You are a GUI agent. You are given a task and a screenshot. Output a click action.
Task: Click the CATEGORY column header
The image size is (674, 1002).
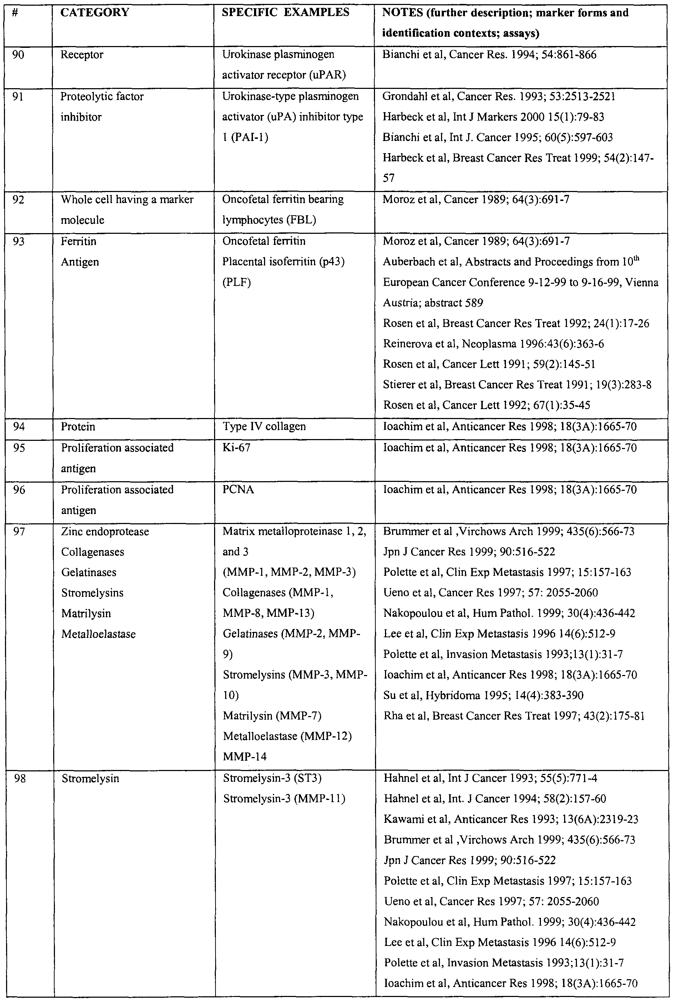(95, 12)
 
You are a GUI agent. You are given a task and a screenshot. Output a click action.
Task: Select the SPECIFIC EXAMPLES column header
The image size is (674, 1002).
(285, 12)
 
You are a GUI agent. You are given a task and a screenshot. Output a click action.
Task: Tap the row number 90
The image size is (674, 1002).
(18, 55)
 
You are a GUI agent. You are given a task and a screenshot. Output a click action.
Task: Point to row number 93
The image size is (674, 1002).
(19, 241)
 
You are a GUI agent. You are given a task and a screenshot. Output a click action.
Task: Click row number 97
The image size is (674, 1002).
(19, 532)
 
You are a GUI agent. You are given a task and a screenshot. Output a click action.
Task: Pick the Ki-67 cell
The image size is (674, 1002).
(237, 448)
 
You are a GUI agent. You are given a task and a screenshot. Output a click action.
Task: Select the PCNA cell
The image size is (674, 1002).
(238, 490)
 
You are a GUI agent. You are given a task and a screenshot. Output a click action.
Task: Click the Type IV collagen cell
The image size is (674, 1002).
(264, 427)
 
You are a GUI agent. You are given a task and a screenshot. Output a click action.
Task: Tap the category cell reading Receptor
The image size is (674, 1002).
(82, 55)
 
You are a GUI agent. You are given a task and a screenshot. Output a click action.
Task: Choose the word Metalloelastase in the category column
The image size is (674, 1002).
(98, 634)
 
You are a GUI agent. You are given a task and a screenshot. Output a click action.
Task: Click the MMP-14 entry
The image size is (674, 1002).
(244, 756)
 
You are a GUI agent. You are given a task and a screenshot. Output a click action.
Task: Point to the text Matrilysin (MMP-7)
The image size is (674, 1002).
(272, 716)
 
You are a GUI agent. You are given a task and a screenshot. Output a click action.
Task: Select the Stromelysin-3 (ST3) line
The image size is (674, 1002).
(273, 779)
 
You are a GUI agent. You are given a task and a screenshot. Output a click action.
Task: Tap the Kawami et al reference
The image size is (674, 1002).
(511, 819)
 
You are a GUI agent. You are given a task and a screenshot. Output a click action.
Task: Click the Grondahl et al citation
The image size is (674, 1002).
(498, 96)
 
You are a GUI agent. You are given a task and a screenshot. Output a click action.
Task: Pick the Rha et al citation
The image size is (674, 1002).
(514, 716)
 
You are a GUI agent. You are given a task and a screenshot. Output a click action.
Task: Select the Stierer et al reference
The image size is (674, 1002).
(517, 384)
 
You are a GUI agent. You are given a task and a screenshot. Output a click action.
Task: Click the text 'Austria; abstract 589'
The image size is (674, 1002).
(433, 303)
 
